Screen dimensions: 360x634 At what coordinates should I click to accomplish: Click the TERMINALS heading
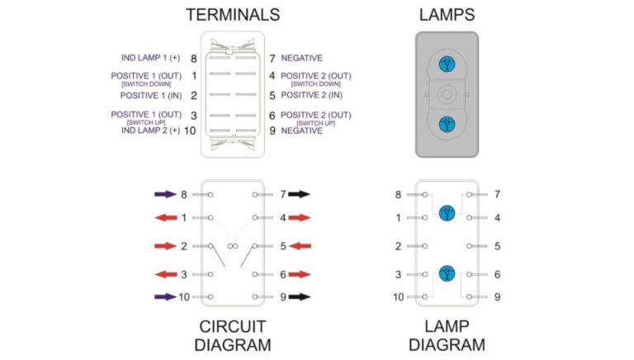coord(233,14)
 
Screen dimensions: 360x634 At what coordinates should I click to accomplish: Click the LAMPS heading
coord(446,14)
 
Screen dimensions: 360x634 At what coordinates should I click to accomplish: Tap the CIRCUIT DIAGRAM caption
coord(233,334)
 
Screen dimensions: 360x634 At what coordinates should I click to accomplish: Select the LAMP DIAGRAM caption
coord(447,334)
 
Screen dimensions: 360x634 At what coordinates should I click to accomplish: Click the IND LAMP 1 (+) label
coord(150,59)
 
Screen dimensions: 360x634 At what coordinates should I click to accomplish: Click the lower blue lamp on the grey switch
coord(446,124)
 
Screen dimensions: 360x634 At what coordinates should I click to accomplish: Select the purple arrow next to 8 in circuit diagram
coord(165,195)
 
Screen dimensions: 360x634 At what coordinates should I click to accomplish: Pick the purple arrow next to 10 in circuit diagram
coord(165,296)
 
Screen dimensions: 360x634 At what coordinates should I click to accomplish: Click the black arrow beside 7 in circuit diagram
coord(299,195)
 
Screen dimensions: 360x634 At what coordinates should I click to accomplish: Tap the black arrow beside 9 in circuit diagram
coord(299,296)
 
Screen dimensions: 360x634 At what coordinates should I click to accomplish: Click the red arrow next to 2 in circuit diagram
coord(165,246)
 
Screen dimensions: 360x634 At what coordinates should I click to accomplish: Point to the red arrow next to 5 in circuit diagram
coord(299,246)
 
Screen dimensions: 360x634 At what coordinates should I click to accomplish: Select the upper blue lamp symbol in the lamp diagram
coord(447,212)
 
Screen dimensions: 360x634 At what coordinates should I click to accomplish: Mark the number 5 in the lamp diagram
coord(496,246)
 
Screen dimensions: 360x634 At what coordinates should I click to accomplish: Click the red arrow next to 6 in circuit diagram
coord(299,274)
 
